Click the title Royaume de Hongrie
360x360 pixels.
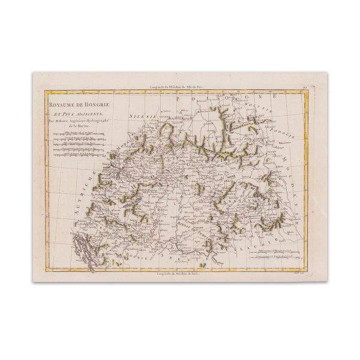click(x=73, y=100)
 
